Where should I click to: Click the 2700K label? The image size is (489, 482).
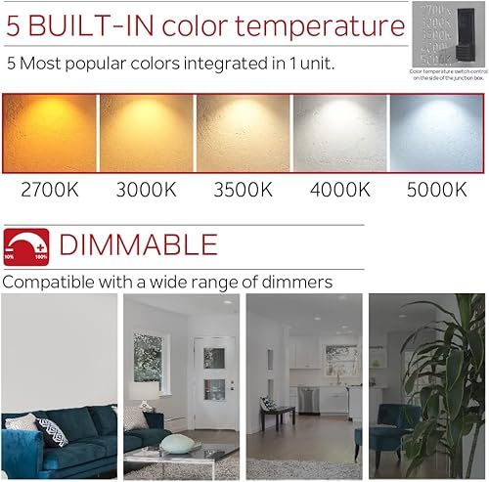(50, 190)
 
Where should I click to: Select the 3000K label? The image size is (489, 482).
(146, 190)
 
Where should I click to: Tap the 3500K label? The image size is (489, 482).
(243, 190)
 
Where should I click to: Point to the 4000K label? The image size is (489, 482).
(339, 190)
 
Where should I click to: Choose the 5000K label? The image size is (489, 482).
(436, 190)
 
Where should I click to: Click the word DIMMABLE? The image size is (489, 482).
(138, 244)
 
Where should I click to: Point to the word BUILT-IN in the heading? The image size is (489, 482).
(97, 26)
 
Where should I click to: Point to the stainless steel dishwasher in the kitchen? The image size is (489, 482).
(309, 399)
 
